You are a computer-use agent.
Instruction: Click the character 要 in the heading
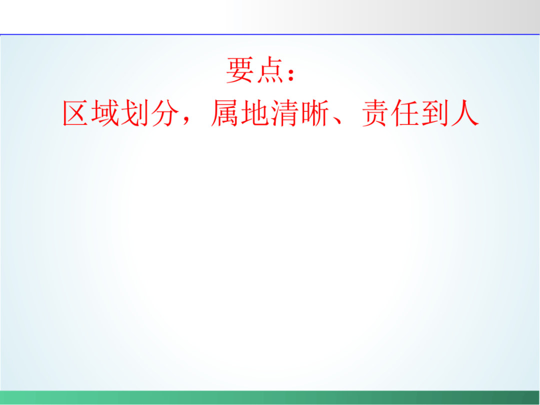(x=239, y=70)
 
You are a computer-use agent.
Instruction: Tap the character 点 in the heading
(x=270, y=70)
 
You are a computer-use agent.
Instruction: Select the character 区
(x=75, y=113)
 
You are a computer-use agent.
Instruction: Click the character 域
(x=105, y=113)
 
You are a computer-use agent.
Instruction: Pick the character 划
(x=135, y=113)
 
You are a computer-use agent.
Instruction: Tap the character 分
(x=165, y=113)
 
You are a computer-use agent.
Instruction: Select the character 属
(x=224, y=113)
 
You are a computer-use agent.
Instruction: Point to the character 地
(x=254, y=113)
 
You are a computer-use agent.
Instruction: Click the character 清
(x=285, y=113)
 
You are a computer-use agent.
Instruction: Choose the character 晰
(x=315, y=113)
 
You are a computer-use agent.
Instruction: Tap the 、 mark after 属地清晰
(x=337, y=120)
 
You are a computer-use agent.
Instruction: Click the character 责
(x=375, y=113)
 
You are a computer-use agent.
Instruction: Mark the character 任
(x=405, y=113)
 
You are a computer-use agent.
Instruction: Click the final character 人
(x=465, y=113)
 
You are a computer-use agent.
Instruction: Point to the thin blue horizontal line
(x=270, y=34)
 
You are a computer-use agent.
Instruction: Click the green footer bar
(x=270, y=398)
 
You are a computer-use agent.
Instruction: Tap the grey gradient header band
(x=270, y=17)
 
